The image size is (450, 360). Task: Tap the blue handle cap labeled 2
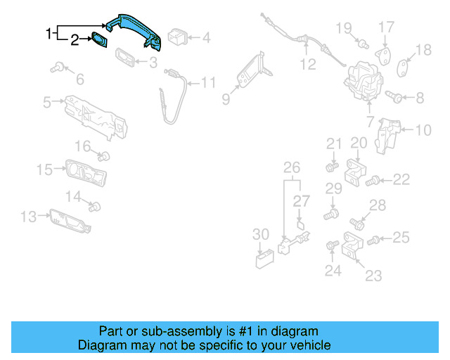click(x=99, y=40)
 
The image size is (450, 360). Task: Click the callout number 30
click(x=260, y=234)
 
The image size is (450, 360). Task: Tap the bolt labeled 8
click(x=394, y=97)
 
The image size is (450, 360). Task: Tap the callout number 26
click(x=291, y=167)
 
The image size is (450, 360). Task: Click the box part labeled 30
click(x=265, y=259)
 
